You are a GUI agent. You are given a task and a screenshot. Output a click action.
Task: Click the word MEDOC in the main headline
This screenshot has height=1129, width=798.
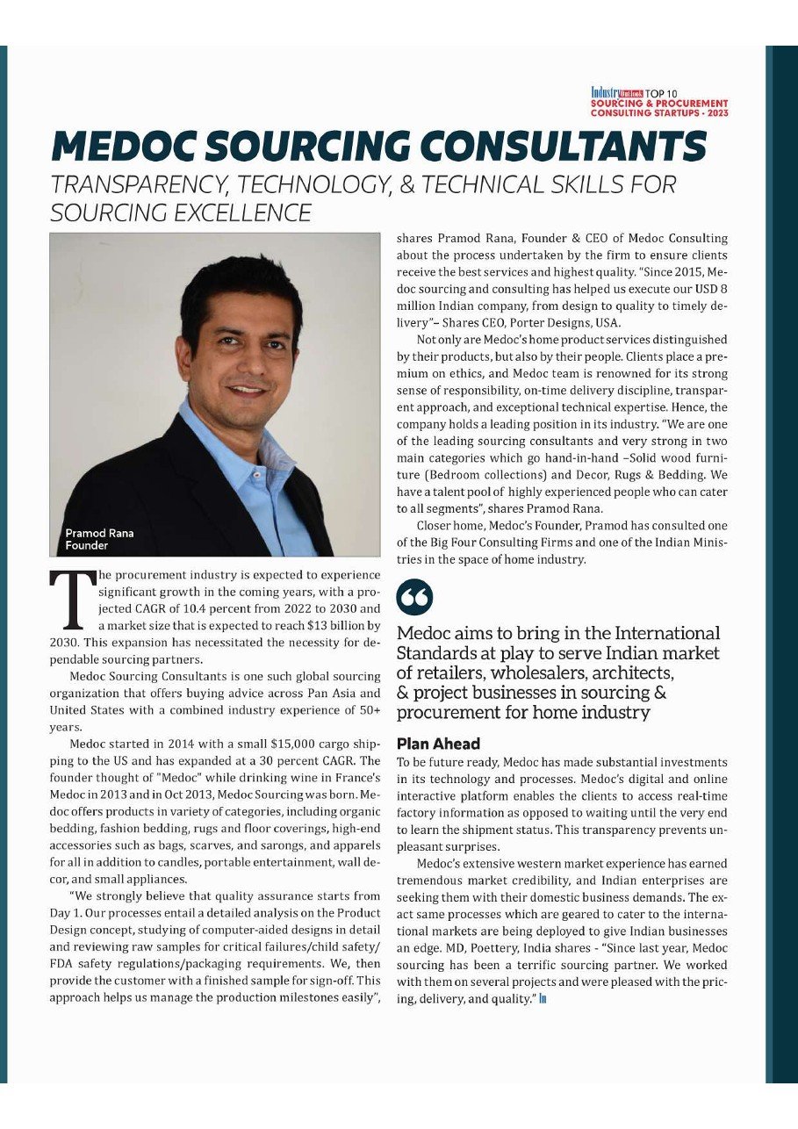[x=134, y=146]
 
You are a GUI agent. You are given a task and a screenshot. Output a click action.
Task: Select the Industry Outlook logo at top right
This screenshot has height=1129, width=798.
[x=617, y=92]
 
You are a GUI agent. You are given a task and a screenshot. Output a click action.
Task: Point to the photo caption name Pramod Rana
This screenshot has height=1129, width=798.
[x=100, y=533]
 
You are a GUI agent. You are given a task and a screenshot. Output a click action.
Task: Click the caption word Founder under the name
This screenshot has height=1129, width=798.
[x=87, y=545]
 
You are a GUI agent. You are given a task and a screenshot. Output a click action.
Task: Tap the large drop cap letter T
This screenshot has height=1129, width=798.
[x=67, y=600]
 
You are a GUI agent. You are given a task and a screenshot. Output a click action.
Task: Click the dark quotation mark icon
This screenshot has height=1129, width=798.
[x=414, y=597]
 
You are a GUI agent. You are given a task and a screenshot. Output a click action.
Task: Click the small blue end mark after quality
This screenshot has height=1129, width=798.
[x=543, y=999]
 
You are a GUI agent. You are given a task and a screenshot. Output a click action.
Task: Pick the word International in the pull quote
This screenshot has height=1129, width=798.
[x=659, y=633]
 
